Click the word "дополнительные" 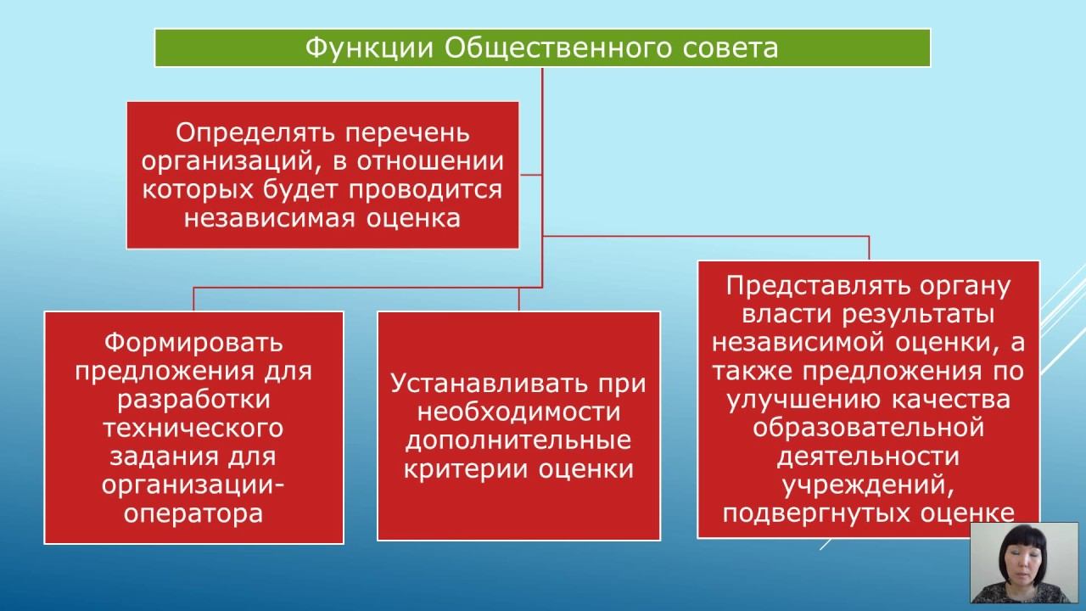(518, 441)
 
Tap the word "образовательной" (868, 427)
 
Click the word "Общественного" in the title (560, 48)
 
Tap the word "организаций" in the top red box (218, 162)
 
